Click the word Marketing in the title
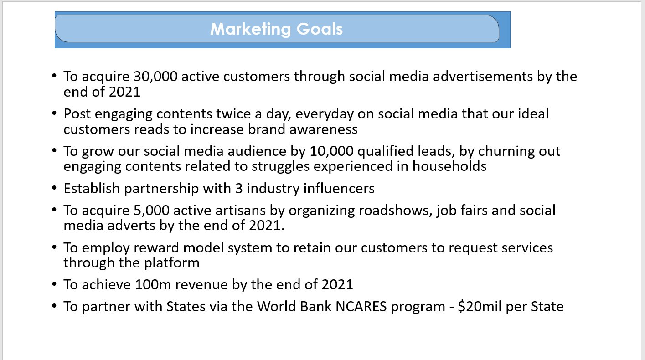(x=251, y=29)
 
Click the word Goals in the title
(x=320, y=29)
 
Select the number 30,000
(x=155, y=77)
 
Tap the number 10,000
(x=331, y=151)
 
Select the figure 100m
(x=153, y=285)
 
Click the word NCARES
(x=361, y=307)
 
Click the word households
(x=449, y=166)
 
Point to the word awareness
(x=323, y=129)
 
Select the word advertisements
(x=483, y=77)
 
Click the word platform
(x=171, y=263)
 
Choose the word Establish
(x=92, y=189)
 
